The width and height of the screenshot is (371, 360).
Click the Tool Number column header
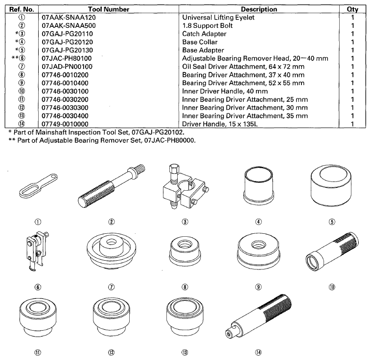(109, 9)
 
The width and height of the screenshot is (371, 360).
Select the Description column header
(259, 9)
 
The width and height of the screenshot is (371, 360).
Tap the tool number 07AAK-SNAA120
(69, 18)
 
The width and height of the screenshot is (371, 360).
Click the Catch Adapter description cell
(204, 34)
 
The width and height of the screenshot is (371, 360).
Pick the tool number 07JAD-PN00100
(67, 67)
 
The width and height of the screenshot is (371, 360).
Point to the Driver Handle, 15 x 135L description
(220, 124)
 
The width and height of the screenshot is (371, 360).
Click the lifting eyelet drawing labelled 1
(38, 186)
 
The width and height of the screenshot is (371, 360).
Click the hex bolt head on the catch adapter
(173, 168)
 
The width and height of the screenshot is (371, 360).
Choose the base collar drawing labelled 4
(258, 186)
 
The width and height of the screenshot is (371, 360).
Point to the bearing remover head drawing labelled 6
(37, 251)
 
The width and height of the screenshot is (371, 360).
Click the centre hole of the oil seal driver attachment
(111, 242)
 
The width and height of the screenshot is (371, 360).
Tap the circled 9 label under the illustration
(258, 287)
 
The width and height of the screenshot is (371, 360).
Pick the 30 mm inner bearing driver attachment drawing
(111, 317)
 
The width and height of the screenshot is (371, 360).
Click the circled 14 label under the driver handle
(258, 352)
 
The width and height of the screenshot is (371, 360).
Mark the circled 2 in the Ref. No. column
(22, 25)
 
